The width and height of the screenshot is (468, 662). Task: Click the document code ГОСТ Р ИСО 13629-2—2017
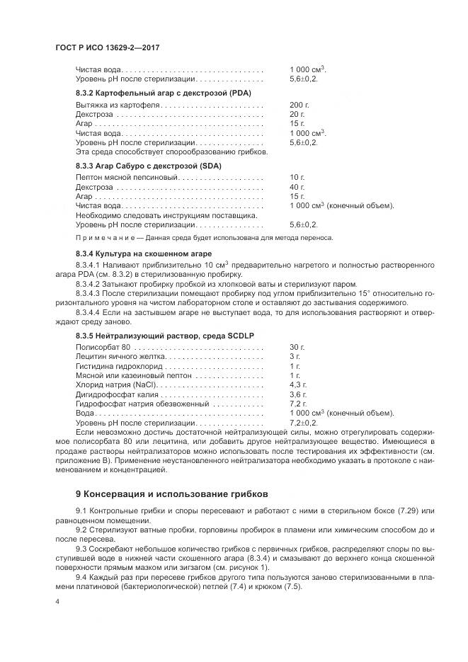pyautogui.click(x=108, y=47)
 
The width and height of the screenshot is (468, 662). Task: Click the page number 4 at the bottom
pyautogui.click(x=58, y=600)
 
